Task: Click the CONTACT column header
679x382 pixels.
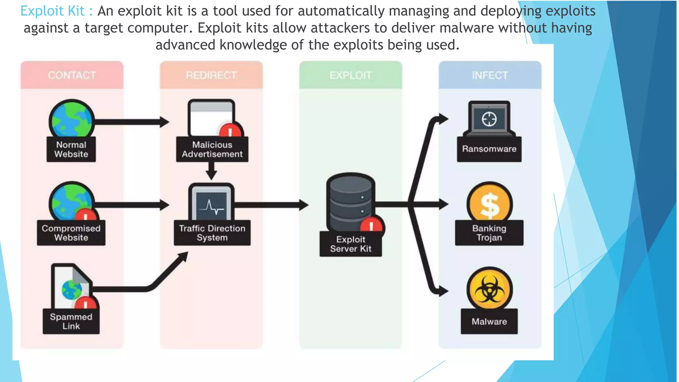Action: pos(72,75)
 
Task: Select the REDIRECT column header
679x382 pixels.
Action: pos(211,75)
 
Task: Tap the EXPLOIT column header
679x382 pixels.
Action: pos(350,75)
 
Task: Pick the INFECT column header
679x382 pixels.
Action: pos(490,75)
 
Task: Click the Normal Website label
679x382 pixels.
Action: pos(71,149)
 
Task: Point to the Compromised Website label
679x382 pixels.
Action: pos(71,233)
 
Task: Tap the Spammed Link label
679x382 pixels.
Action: pos(71,321)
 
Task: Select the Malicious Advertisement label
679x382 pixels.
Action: pos(212,149)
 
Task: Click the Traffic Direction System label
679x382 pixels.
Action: pos(212,233)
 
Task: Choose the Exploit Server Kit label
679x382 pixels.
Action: pos(350,244)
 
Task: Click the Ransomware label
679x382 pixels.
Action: pos(489,149)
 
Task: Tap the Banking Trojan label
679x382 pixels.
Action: pos(489,233)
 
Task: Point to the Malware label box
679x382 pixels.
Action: pos(489,321)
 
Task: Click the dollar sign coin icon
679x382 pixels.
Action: pos(489,204)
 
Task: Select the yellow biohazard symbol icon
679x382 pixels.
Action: pos(489,289)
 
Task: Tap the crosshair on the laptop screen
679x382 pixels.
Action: pos(489,119)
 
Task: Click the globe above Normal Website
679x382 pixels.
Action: pos(71,119)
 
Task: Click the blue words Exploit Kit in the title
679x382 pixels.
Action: pos(52,11)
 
